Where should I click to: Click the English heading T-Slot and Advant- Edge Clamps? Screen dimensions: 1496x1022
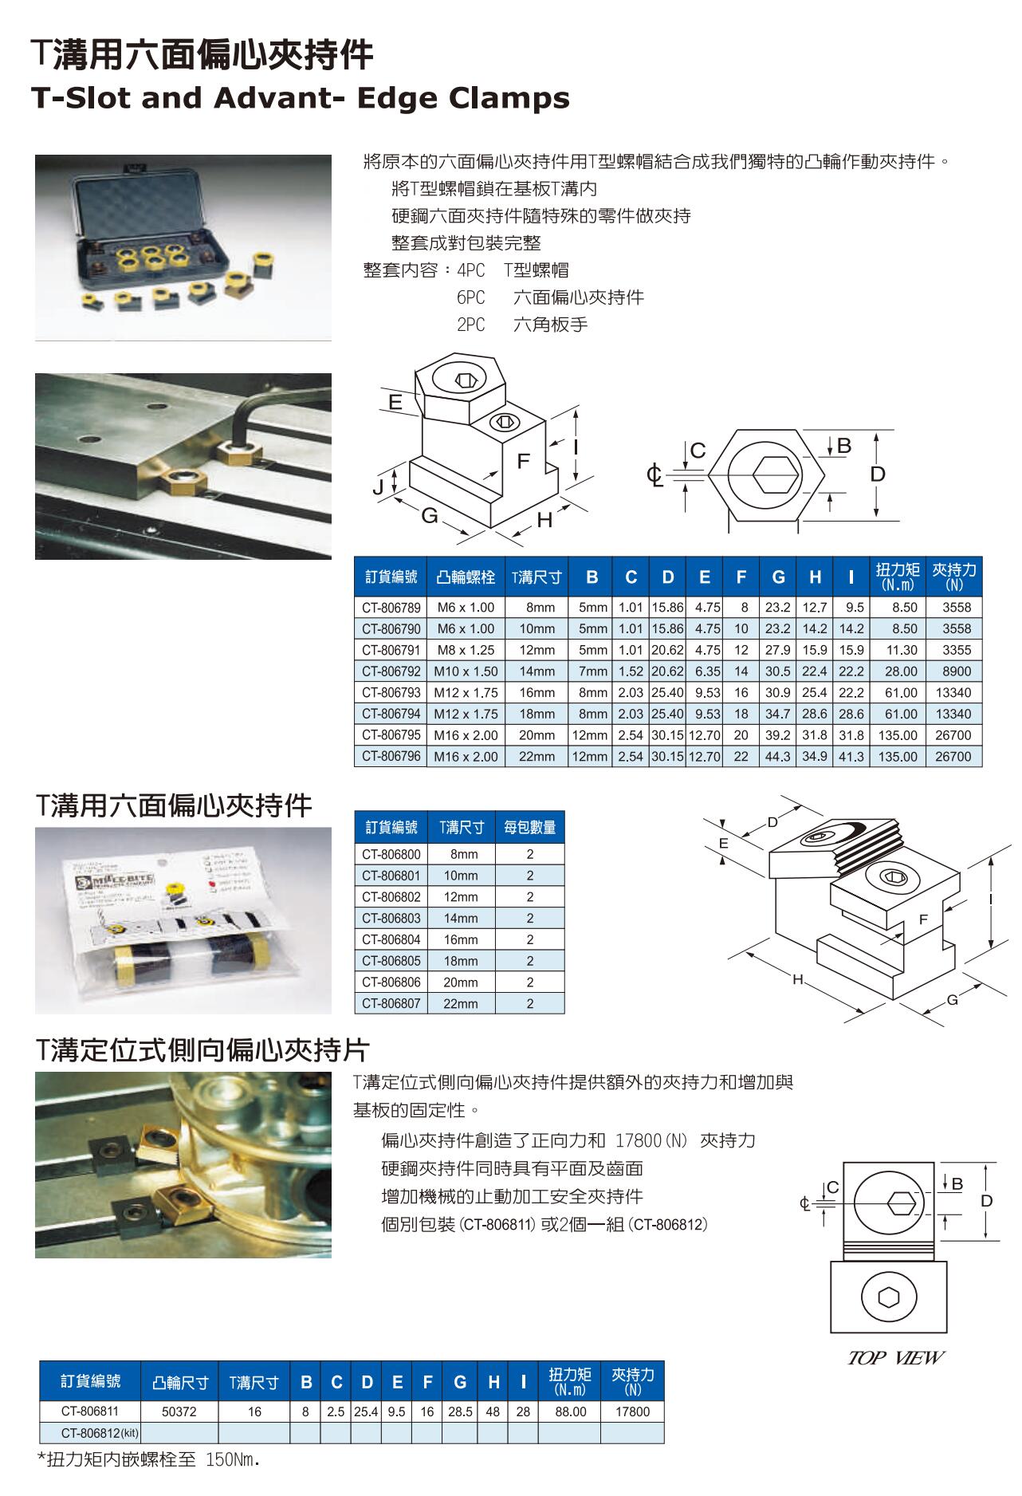point(300,98)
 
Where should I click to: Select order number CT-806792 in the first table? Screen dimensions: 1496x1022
point(391,671)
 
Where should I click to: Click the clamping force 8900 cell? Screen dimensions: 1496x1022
point(956,671)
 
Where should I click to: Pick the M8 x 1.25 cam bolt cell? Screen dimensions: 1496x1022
point(466,650)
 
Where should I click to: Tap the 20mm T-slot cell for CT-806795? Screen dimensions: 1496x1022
point(537,735)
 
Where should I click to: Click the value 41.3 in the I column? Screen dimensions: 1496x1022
point(851,757)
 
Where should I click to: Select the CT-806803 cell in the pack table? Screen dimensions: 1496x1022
point(391,919)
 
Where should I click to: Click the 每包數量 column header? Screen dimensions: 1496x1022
point(530,828)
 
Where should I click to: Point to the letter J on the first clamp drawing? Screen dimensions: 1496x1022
point(379,487)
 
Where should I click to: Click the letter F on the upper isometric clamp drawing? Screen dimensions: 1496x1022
point(523,461)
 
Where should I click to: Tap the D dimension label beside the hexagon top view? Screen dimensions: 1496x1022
point(877,474)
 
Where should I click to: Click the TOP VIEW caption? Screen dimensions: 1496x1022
point(895,1357)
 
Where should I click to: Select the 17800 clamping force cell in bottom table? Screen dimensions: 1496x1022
point(632,1411)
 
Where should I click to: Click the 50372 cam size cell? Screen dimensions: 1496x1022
point(179,1411)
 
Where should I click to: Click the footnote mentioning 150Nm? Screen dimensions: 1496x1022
point(149,1461)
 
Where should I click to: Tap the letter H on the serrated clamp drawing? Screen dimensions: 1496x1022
point(796,978)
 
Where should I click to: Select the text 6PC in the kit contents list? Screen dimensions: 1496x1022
point(470,297)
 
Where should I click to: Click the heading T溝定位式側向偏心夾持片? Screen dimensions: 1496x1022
point(202,1050)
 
